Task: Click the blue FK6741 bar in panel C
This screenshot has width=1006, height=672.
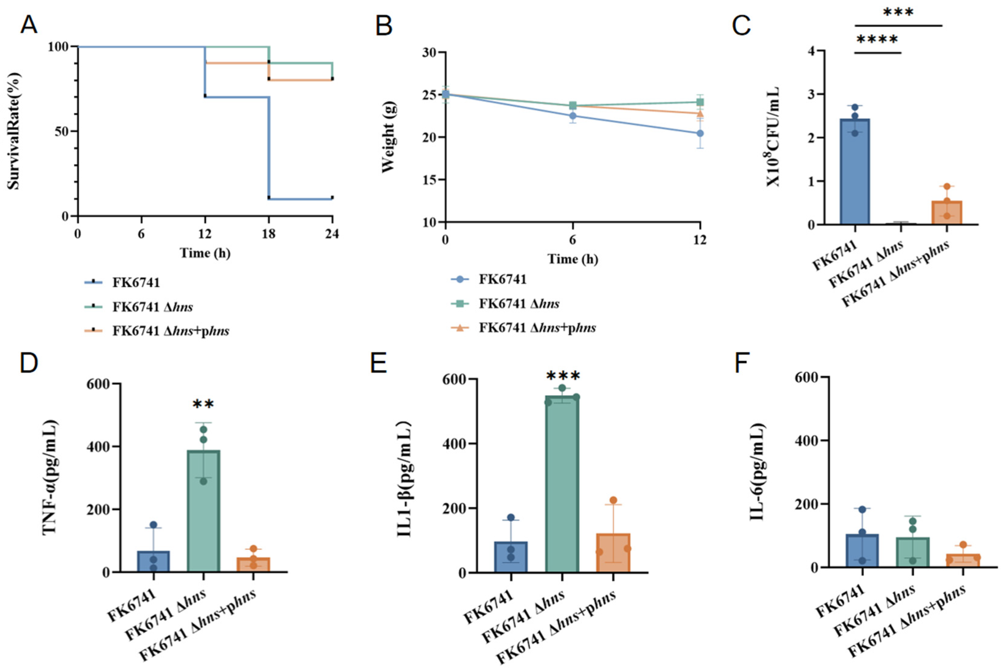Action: coord(855,171)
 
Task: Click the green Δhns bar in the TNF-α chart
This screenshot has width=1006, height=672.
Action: coord(204,511)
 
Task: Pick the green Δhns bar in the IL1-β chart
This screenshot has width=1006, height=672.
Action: coord(562,484)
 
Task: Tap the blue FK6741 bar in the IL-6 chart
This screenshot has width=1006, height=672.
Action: coord(862,551)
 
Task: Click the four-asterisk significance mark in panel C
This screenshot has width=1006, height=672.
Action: coord(877,40)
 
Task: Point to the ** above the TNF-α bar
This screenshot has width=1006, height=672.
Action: coord(203,404)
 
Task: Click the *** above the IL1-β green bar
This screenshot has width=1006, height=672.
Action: coord(563,376)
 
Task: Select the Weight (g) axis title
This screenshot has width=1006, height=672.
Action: coord(388,137)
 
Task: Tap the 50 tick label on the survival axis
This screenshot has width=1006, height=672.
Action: coord(62,131)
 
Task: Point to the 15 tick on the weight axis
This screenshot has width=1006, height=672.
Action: coord(429,180)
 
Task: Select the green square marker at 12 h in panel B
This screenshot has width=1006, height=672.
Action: coord(700,102)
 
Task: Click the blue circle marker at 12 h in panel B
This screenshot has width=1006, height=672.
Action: coord(700,133)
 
